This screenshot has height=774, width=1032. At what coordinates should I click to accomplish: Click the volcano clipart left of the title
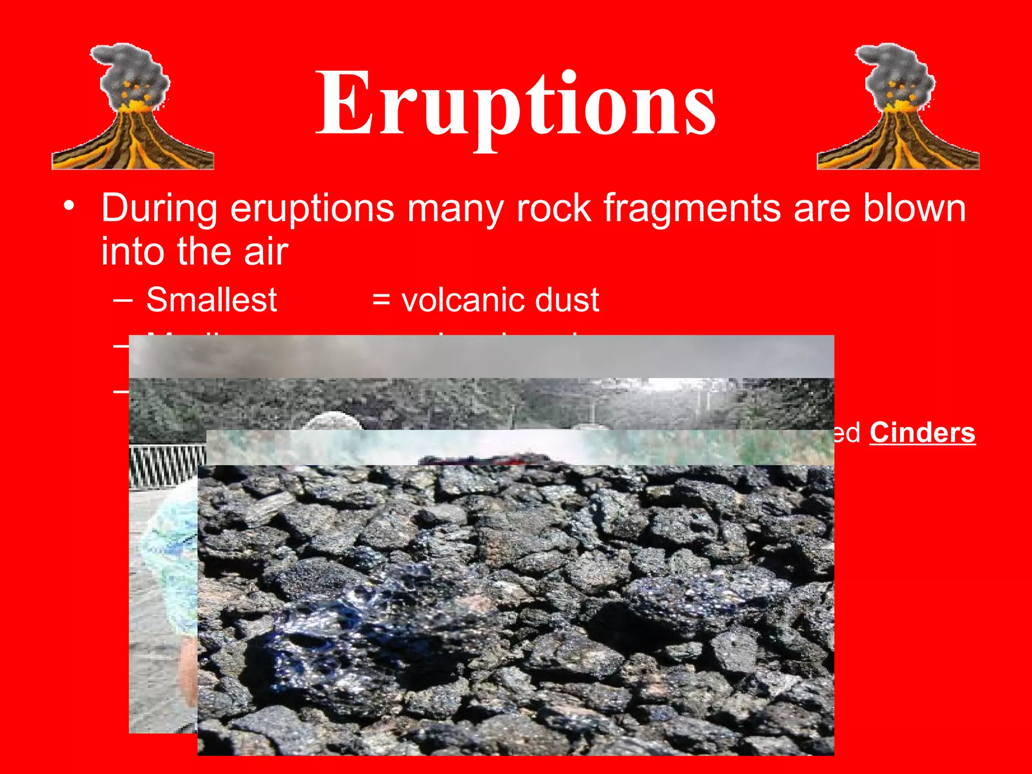133,108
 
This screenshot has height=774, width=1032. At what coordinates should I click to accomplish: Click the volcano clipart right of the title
897,108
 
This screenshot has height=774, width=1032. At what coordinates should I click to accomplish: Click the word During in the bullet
159,208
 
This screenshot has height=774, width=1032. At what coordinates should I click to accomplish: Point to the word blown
914,208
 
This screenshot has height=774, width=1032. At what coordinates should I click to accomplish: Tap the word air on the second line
266,251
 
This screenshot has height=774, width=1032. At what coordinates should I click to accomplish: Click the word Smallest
211,300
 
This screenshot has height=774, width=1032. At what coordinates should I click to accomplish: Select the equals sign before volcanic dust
381,300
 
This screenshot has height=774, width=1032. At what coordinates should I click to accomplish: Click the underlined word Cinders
922,433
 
